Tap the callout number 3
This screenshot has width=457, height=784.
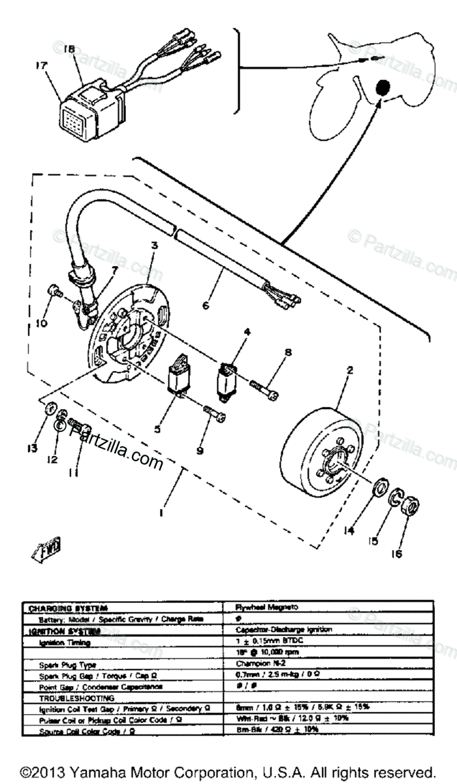coord(155,246)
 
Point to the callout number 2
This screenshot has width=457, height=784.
coord(350,370)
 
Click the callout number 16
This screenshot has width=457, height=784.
coord(397,554)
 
